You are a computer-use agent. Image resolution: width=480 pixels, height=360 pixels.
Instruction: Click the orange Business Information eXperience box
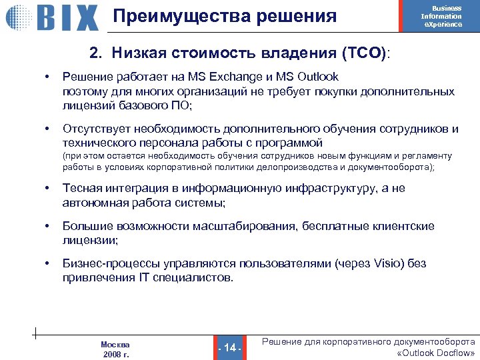click(442, 16)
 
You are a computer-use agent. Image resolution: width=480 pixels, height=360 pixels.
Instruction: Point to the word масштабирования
click(244, 227)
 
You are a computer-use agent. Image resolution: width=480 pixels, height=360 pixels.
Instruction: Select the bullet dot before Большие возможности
click(47, 227)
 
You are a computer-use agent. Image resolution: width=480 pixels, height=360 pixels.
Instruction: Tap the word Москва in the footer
click(115, 345)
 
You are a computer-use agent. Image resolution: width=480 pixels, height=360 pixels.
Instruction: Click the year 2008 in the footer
click(111, 354)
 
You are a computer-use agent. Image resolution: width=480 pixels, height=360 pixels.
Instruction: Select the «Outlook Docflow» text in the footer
click(435, 353)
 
